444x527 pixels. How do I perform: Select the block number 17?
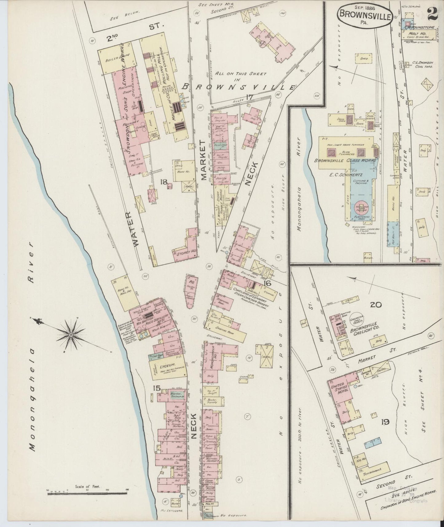(x=249, y=97)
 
